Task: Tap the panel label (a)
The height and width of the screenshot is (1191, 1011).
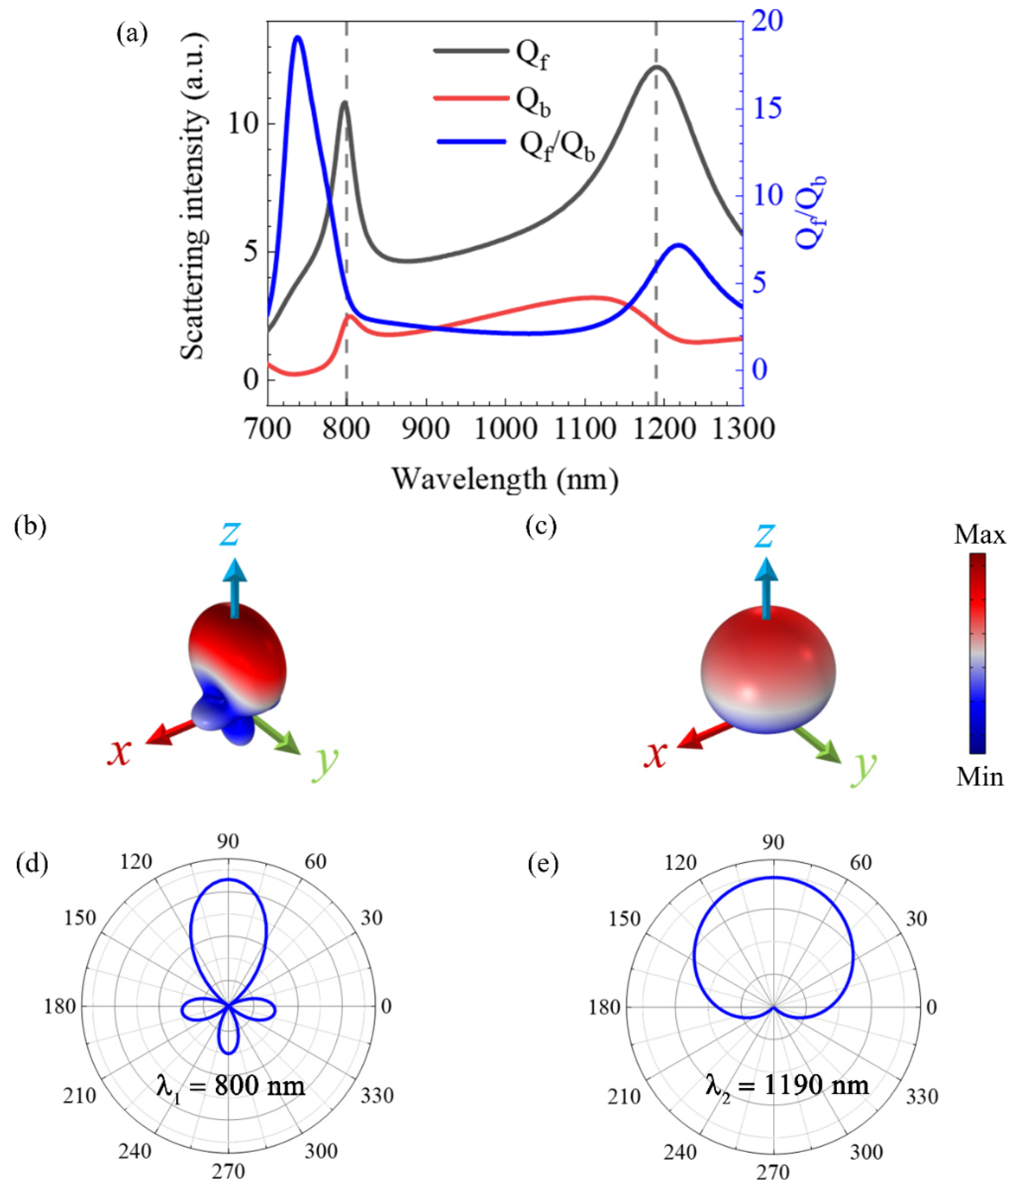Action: tap(132, 35)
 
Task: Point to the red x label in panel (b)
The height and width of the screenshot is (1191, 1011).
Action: tap(119, 753)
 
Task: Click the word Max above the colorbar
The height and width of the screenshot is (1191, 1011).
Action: tap(979, 535)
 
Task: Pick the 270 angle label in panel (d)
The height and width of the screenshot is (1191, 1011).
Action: tap(229, 1171)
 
